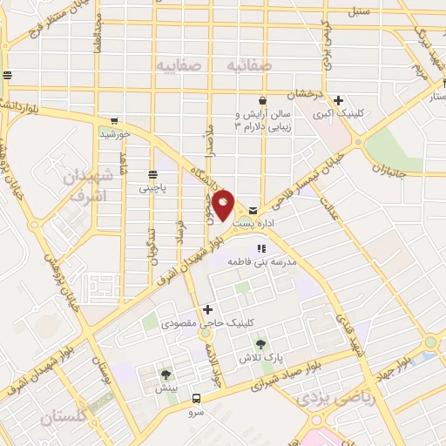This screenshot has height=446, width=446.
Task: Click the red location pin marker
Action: [224, 206]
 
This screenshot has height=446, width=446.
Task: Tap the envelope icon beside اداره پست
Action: [253, 210]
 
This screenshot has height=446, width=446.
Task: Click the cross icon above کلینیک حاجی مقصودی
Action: [207, 308]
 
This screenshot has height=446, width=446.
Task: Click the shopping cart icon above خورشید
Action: [113, 122]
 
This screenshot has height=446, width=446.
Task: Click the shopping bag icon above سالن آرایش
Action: [261, 101]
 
